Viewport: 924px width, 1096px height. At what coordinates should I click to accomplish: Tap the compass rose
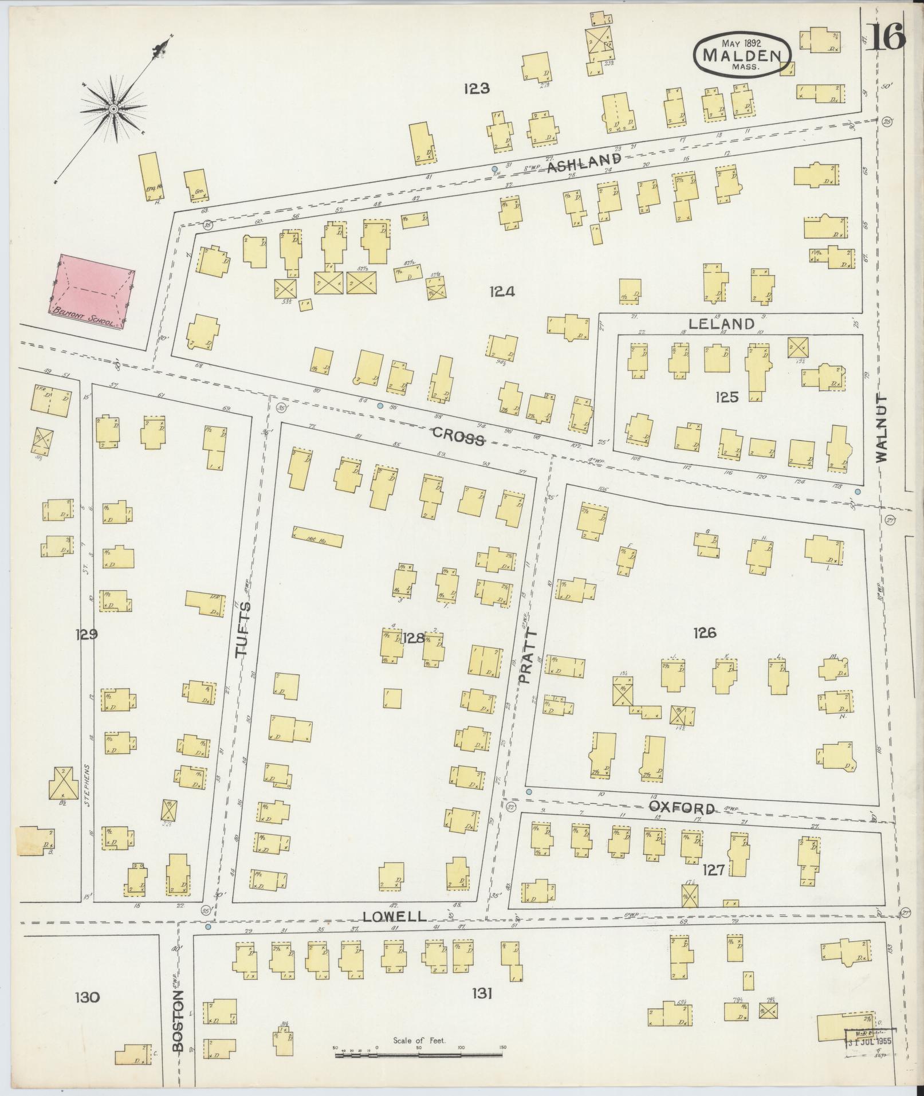(x=114, y=108)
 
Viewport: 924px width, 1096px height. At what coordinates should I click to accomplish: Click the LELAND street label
(x=721, y=324)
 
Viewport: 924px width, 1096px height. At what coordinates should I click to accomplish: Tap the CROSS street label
(x=458, y=437)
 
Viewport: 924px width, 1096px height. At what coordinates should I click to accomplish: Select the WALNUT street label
(x=881, y=427)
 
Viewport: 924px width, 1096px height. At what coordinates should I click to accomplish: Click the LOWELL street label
(x=395, y=916)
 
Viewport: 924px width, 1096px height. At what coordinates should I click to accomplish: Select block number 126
(x=705, y=633)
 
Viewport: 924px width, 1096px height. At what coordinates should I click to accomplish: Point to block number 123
(x=477, y=89)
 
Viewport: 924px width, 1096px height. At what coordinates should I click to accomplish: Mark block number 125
(x=727, y=396)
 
